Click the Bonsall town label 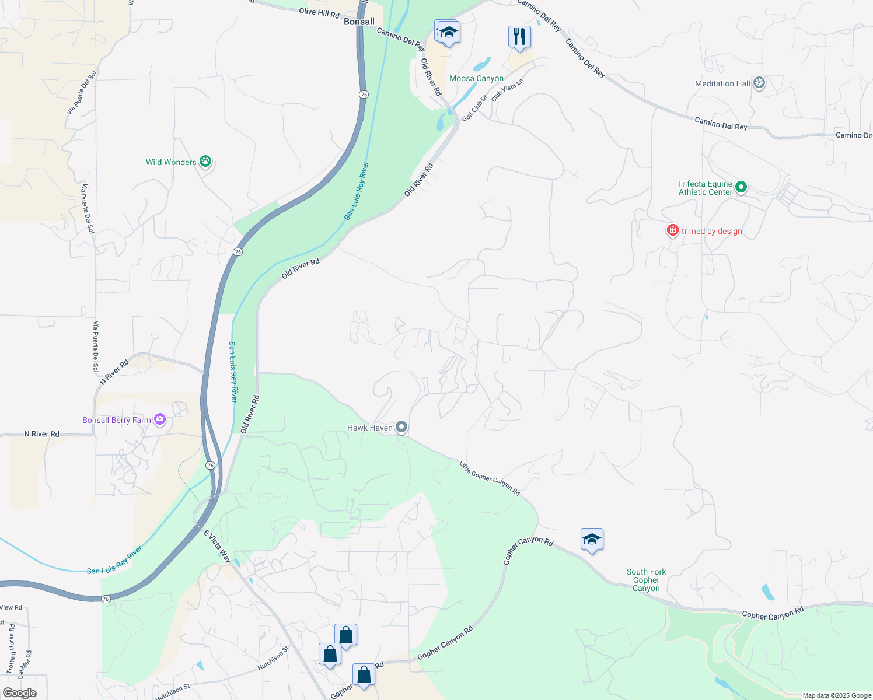359,22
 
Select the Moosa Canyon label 476,78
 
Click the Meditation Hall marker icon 759,83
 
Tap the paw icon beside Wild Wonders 205,162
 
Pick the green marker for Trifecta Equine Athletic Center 741,187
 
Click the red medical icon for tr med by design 672,231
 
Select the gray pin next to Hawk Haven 401,428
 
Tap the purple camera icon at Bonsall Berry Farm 160,419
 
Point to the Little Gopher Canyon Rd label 489,478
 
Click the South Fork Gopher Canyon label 646,580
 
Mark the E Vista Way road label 217,546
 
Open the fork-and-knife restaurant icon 519,37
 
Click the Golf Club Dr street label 474,108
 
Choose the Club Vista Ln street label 507,90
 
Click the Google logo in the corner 19,693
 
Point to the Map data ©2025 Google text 837,695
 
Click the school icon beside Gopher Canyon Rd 591,540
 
